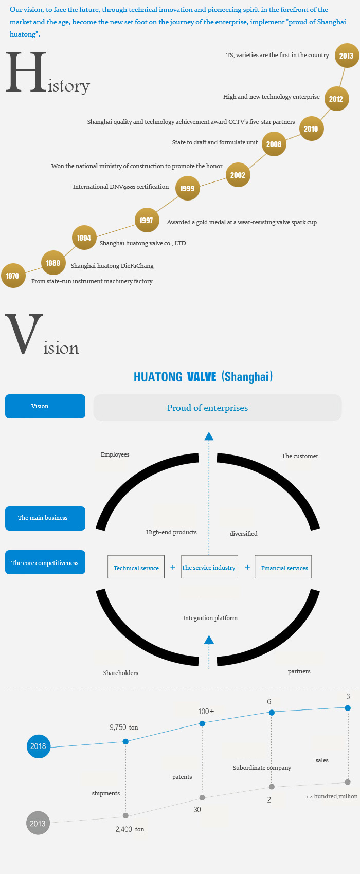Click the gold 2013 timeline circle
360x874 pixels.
pos(346,56)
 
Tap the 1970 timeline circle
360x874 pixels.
pos(13,276)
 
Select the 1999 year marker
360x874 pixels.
pos(187,188)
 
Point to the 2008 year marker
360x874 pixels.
pos(274,144)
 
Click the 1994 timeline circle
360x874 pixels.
pos(84,238)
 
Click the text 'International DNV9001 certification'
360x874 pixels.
pos(121,187)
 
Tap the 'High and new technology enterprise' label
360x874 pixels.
pos(271,97)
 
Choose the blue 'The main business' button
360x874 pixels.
pos(45,518)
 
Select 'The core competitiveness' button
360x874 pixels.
pos(45,562)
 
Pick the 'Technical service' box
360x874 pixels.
pos(136,567)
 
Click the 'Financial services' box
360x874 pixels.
pos(283,567)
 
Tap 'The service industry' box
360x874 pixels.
pos(209,567)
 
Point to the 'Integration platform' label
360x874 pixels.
pos(210,618)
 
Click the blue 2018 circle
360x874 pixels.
pos(39,746)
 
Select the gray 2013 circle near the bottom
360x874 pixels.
pos(38,823)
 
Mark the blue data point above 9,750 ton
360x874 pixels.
pos(125,741)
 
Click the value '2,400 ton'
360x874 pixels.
pos(130,829)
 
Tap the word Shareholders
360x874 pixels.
pos(120,673)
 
